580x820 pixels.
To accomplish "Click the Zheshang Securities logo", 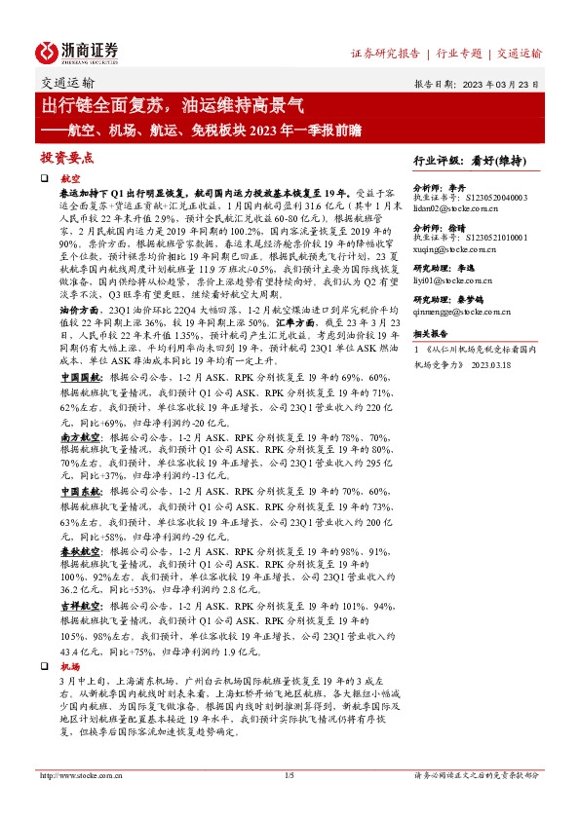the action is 79,51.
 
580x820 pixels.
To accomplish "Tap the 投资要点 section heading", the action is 66,157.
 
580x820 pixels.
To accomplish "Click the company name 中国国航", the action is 77,401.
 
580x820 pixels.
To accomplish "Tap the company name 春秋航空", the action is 77,550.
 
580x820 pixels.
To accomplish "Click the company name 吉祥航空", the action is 77,605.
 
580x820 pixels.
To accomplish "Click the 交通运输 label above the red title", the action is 69,84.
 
